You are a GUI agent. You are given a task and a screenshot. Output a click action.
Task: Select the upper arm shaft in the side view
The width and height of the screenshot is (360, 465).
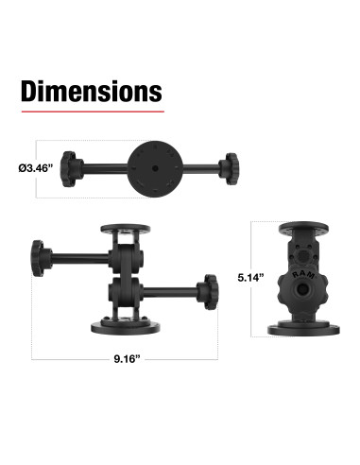[x=80, y=255]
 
